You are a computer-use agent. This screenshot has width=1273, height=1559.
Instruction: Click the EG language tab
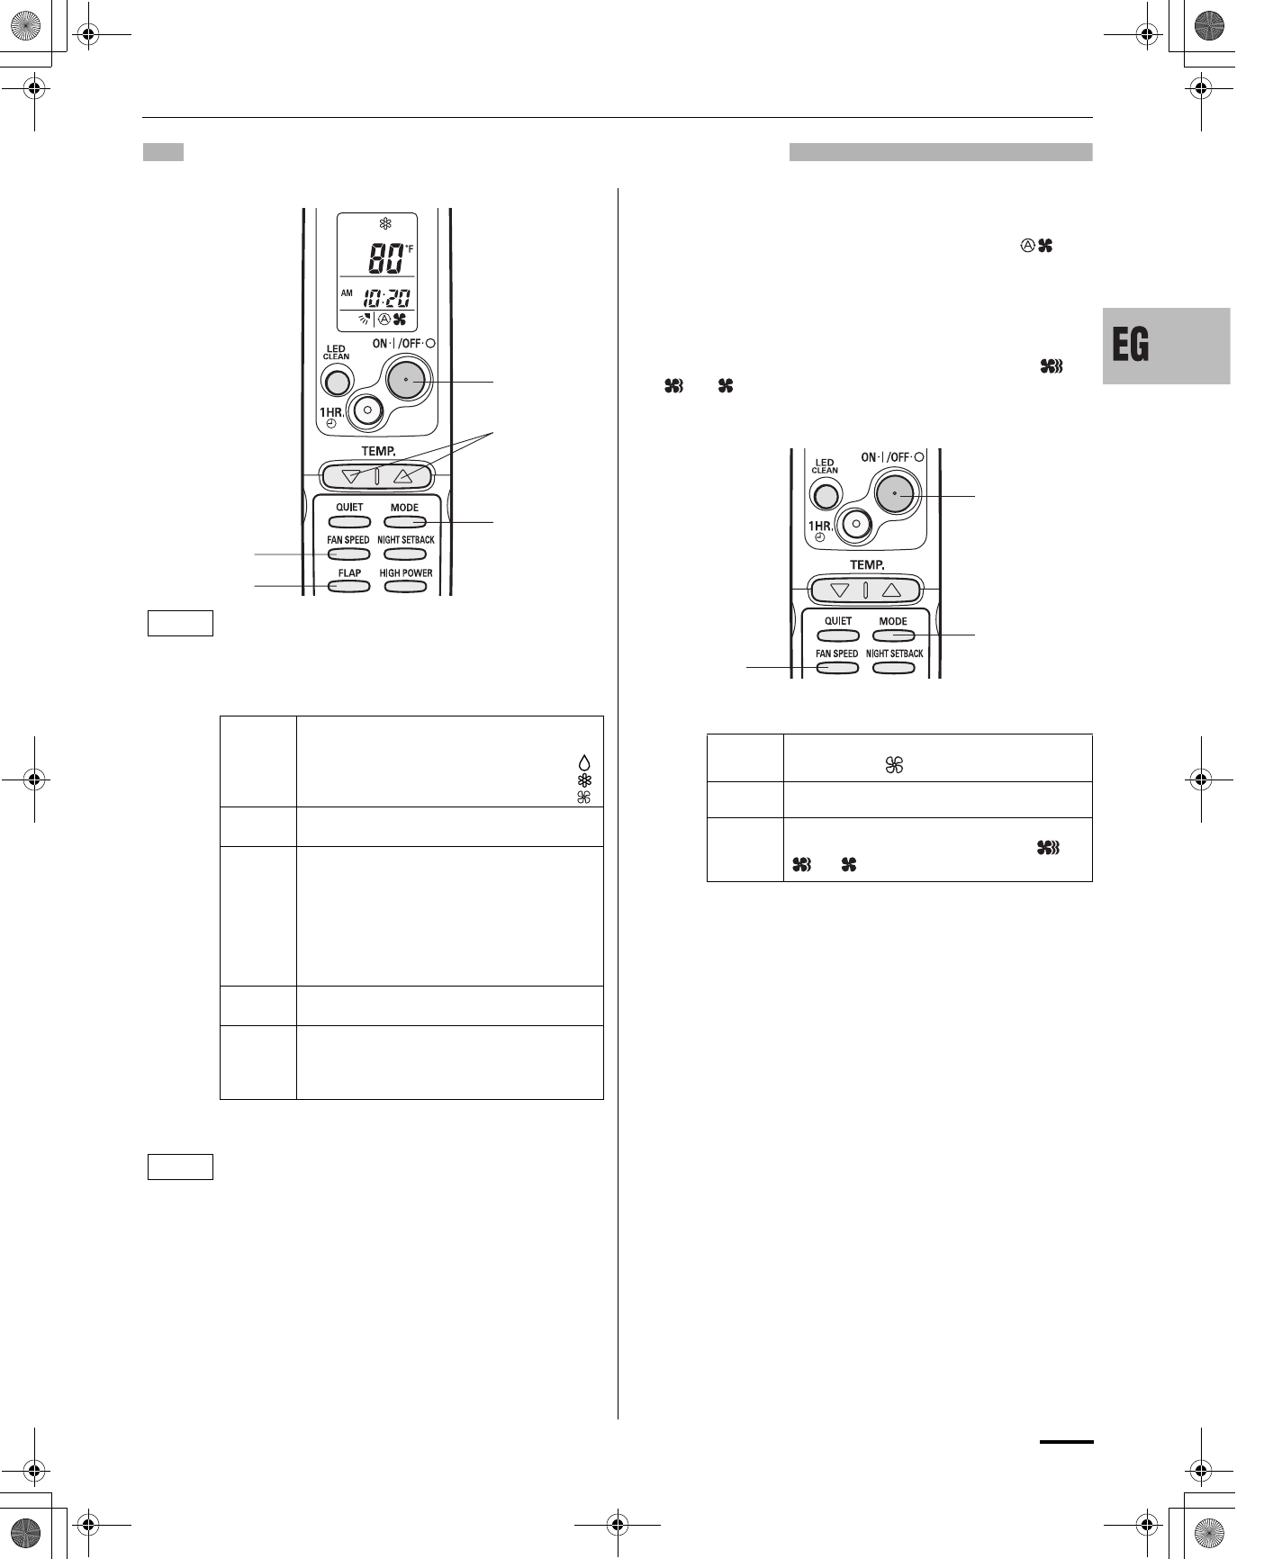pyautogui.click(x=1166, y=346)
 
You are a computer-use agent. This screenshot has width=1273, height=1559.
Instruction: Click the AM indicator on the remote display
pyautogui.click(x=347, y=293)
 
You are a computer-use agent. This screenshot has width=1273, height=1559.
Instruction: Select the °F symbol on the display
pyautogui.click(x=409, y=248)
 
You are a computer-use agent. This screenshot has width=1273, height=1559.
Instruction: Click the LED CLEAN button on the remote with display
pyautogui.click(x=337, y=383)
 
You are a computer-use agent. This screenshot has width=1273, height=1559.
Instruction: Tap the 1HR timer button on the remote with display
pyautogui.click(x=367, y=410)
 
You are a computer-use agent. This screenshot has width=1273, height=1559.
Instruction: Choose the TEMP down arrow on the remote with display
pyautogui.click(x=350, y=476)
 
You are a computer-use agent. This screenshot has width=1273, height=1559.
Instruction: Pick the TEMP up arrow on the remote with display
pyautogui.click(x=402, y=476)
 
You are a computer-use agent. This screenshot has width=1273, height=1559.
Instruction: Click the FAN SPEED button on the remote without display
pyautogui.click(x=836, y=668)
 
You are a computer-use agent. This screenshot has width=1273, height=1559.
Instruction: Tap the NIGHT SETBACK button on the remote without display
pyautogui.click(x=893, y=668)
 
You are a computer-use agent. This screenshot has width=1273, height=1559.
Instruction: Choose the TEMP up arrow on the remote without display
pyautogui.click(x=891, y=590)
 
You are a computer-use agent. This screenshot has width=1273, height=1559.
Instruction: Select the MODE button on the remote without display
pyautogui.click(x=893, y=635)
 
